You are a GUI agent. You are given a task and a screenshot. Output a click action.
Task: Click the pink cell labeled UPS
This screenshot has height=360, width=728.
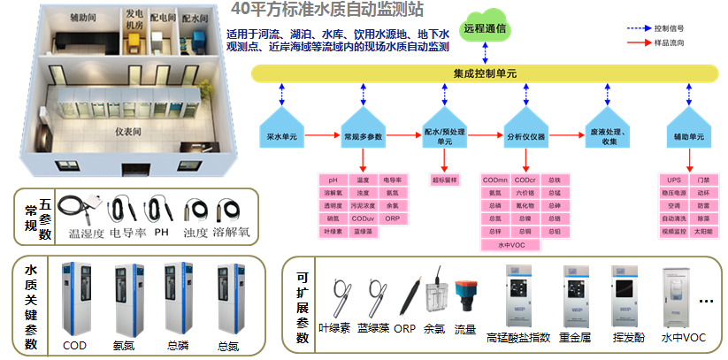[x=675, y=180]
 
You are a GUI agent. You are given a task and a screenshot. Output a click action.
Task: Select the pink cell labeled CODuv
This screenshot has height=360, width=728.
[x=363, y=218]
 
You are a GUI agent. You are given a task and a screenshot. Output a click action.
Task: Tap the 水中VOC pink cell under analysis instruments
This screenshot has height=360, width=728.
[x=510, y=244]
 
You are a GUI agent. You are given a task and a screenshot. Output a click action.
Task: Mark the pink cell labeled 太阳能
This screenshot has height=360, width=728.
[x=703, y=231]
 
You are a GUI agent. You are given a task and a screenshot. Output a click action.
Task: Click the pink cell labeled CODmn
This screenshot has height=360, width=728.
[x=495, y=180]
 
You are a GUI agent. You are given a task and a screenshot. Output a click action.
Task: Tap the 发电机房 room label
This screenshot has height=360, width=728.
[x=133, y=19]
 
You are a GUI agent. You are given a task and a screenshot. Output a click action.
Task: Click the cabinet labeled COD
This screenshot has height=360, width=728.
[x=75, y=301]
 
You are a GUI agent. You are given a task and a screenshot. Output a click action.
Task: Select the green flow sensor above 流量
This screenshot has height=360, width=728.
[x=464, y=296]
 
